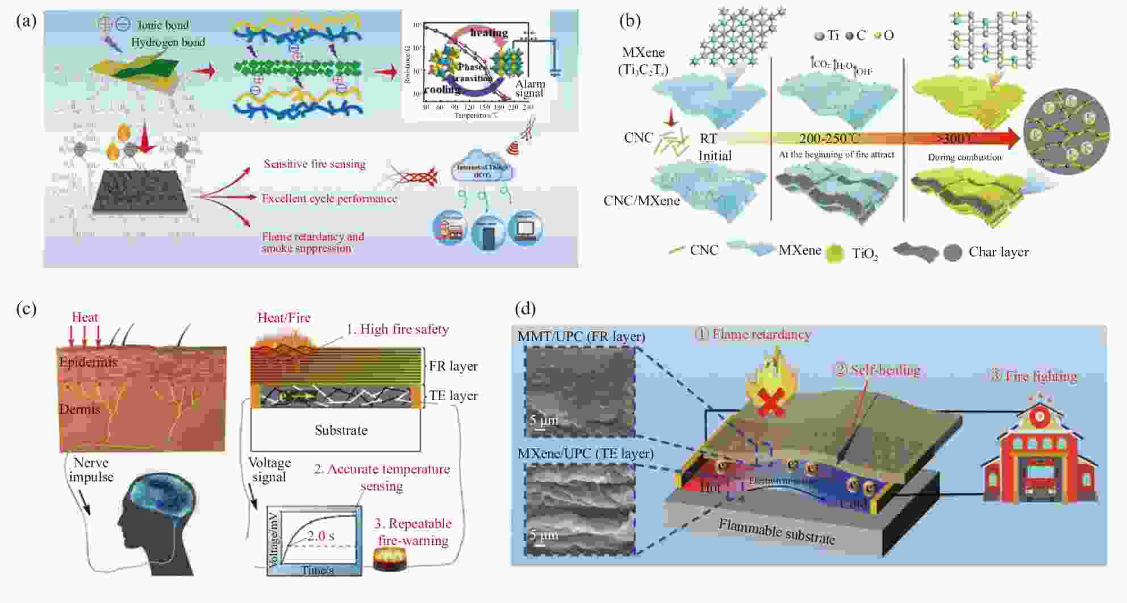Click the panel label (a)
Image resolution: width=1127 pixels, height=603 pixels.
(26, 22)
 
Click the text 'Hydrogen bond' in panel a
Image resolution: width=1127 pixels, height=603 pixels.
(168, 42)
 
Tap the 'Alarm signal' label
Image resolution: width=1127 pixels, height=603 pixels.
(529, 88)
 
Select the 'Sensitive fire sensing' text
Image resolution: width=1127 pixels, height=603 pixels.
(314, 164)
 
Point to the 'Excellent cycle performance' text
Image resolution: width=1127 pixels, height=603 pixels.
(329, 198)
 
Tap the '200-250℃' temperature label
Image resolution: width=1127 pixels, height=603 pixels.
(829, 139)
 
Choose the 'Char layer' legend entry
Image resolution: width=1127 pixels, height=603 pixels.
(998, 252)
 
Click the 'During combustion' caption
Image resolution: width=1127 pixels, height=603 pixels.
(965, 157)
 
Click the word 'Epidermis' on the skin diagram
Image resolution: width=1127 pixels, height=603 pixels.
(88, 362)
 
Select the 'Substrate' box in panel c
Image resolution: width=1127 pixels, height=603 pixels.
(341, 430)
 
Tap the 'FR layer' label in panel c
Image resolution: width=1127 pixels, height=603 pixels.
(453, 366)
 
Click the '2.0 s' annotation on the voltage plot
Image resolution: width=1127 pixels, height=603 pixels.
(320, 535)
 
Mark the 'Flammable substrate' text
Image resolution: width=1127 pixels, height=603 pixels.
(777, 531)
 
